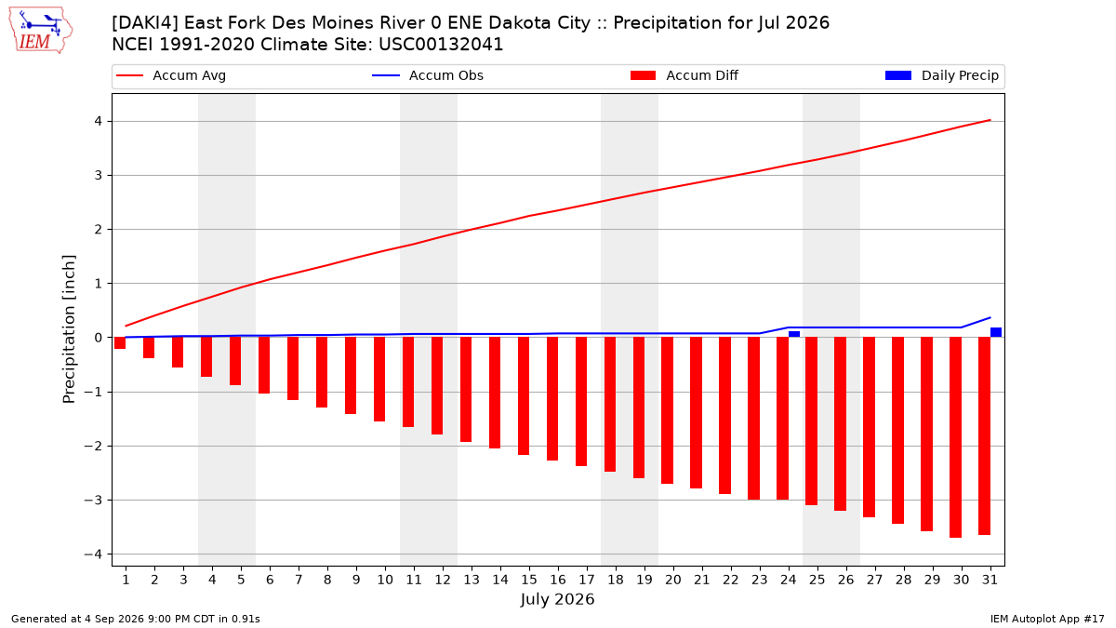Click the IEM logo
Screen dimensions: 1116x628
[x=41, y=31]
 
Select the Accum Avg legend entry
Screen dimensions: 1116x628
[x=171, y=75]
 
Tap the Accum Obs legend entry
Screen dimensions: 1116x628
[x=428, y=75]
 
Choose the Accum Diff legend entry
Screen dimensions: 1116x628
[x=684, y=75]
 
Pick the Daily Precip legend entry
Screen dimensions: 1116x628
[x=941, y=75]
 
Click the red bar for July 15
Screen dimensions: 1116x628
[x=524, y=395]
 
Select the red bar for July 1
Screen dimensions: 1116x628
[x=120, y=343]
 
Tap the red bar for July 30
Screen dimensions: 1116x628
[x=956, y=437]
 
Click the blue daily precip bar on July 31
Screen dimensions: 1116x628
[x=996, y=332]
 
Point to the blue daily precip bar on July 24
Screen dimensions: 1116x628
[x=794, y=334]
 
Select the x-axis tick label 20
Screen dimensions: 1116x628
[x=673, y=580]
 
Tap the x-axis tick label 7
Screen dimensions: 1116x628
[x=299, y=580]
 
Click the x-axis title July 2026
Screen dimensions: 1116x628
[x=557, y=599]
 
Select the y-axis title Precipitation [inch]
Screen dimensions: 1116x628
[x=69, y=329]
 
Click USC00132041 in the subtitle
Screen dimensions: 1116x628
[x=441, y=45]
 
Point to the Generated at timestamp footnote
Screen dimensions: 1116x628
[x=136, y=619]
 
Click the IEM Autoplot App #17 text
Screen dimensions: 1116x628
[x=1047, y=619]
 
